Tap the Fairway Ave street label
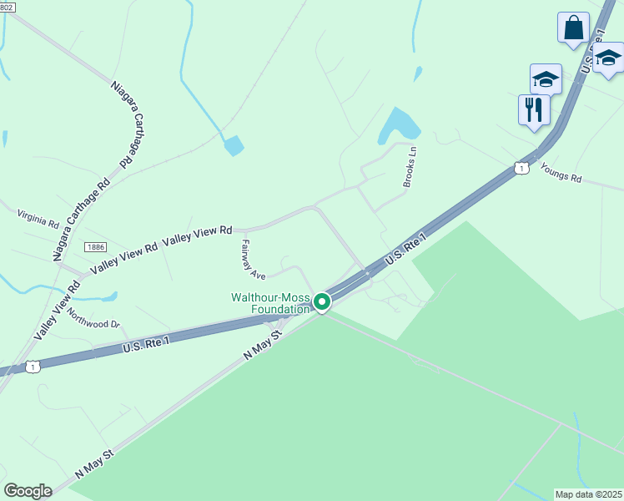tap(253, 259)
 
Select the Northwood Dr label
tap(93, 317)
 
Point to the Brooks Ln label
tap(410, 165)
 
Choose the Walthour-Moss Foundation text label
tap(269, 303)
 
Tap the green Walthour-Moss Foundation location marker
tap(322, 302)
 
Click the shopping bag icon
tap(573, 27)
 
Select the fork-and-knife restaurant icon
tap(534, 109)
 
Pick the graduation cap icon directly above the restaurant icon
tap(546, 78)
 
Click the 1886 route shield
tap(94, 246)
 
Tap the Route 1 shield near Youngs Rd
tap(521, 169)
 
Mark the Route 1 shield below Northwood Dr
tap(32, 366)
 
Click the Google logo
tap(28, 491)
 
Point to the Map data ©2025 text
tap(588, 494)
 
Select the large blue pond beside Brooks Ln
tap(399, 125)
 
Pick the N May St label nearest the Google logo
tap(93, 462)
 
